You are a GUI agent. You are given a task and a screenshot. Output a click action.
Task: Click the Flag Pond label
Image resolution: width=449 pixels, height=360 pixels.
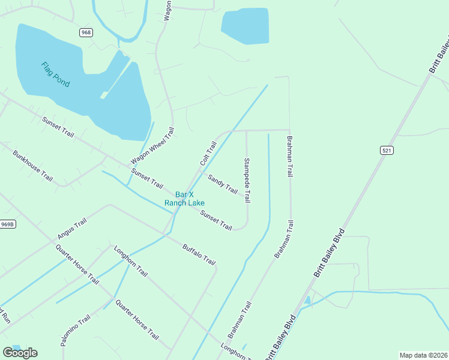(55, 74)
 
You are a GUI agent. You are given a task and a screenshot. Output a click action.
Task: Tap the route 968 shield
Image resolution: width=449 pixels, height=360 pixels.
(86, 32)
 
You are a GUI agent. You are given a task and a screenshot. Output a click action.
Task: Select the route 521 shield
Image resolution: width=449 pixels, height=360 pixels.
(386, 150)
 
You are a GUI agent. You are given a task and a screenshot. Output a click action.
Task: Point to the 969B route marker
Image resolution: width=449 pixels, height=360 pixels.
(7, 224)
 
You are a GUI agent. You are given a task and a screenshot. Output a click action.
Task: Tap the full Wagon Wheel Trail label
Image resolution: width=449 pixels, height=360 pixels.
(152, 146)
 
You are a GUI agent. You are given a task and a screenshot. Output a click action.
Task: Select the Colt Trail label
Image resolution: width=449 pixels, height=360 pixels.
(208, 154)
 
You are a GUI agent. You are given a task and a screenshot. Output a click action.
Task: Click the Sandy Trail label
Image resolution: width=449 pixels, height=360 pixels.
(223, 184)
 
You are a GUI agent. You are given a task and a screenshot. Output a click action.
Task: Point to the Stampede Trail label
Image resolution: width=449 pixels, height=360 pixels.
(247, 180)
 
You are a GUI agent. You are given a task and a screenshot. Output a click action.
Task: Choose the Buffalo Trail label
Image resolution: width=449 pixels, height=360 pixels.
(199, 253)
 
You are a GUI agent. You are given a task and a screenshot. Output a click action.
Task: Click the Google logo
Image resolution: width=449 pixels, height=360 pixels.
(20, 353)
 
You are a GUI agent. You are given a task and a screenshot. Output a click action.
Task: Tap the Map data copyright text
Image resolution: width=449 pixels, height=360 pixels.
(424, 355)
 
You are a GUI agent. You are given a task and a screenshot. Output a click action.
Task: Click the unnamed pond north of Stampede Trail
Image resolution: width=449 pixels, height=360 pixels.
(245, 25)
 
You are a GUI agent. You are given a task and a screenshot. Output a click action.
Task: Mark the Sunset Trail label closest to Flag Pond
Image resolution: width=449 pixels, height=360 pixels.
(58, 127)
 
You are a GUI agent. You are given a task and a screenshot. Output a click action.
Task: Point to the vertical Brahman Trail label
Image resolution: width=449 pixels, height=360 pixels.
(289, 156)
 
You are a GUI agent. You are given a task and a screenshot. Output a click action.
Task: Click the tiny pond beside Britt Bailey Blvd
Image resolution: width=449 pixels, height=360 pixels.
(307, 300)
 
